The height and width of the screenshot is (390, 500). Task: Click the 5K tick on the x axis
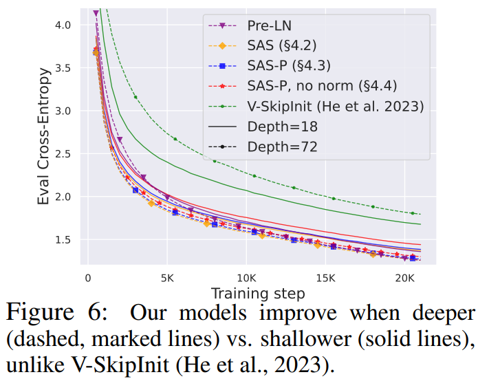[166, 280]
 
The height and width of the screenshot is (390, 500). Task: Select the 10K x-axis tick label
[246, 280]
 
